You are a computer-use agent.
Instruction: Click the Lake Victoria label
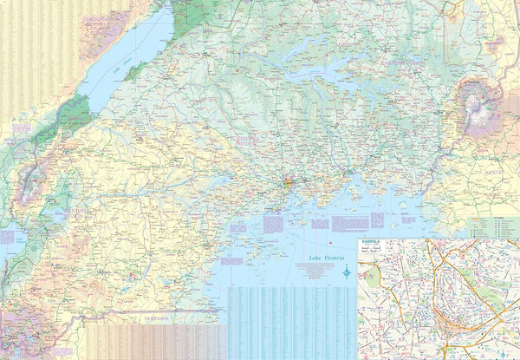click(x=325, y=259)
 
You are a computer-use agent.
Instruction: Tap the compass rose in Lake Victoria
click(x=347, y=272)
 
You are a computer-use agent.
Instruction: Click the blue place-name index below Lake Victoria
click(x=290, y=321)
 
